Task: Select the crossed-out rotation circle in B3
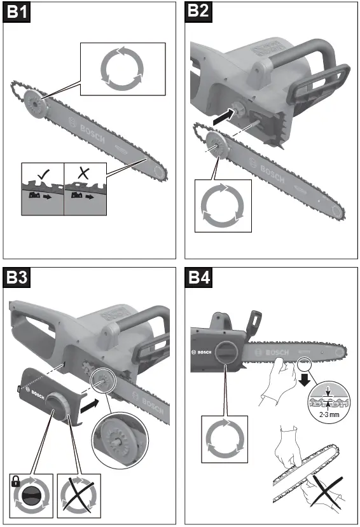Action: (x=80, y=493)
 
